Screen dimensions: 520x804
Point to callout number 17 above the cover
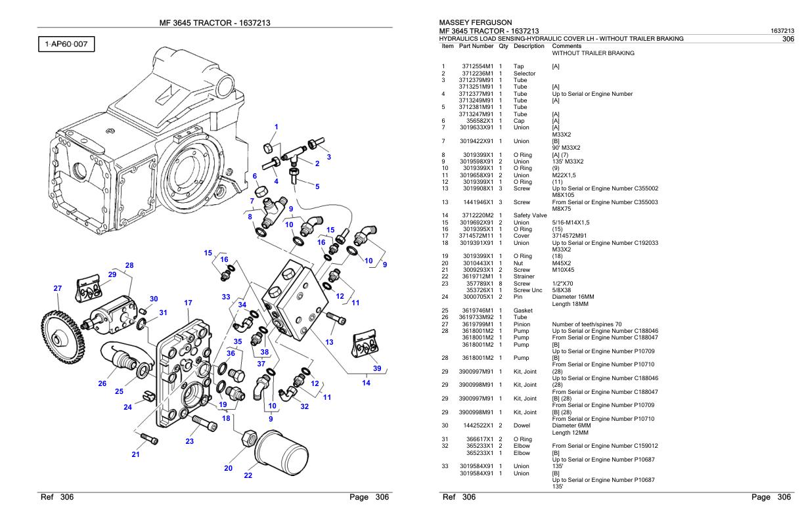[188, 303]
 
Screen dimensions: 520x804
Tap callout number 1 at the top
[277, 127]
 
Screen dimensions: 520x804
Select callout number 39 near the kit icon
[377, 368]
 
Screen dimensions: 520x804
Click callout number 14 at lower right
[366, 383]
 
